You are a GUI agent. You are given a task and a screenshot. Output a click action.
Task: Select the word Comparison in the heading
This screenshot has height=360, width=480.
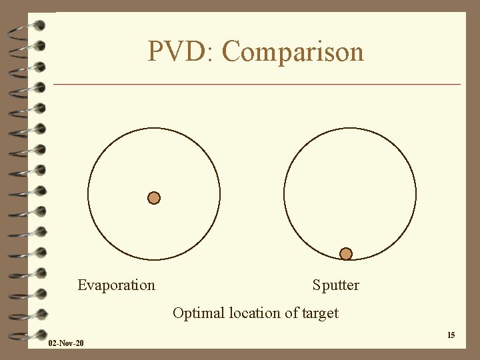point(293,52)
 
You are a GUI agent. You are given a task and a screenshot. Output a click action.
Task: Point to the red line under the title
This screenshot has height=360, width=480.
point(257,85)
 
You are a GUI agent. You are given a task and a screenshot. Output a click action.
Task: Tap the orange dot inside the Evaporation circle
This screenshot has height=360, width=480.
point(154,197)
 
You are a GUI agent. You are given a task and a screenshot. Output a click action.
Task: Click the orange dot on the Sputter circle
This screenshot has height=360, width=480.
point(345,253)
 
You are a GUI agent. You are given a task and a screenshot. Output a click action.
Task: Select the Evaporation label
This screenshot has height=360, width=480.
point(116,285)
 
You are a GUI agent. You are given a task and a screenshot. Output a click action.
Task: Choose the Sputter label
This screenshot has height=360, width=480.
point(335,285)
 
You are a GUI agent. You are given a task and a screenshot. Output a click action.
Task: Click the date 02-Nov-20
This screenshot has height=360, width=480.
point(66,343)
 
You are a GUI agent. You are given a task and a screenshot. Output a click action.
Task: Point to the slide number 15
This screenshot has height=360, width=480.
point(451,335)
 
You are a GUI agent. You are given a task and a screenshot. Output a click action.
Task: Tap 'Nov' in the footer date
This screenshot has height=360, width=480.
point(66,343)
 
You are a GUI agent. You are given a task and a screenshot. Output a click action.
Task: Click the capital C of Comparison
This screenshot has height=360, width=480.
point(231,51)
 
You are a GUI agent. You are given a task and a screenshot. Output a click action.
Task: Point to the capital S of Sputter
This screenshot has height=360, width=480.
point(317,285)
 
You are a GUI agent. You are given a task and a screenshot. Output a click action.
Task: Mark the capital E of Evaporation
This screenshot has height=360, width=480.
point(82,285)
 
